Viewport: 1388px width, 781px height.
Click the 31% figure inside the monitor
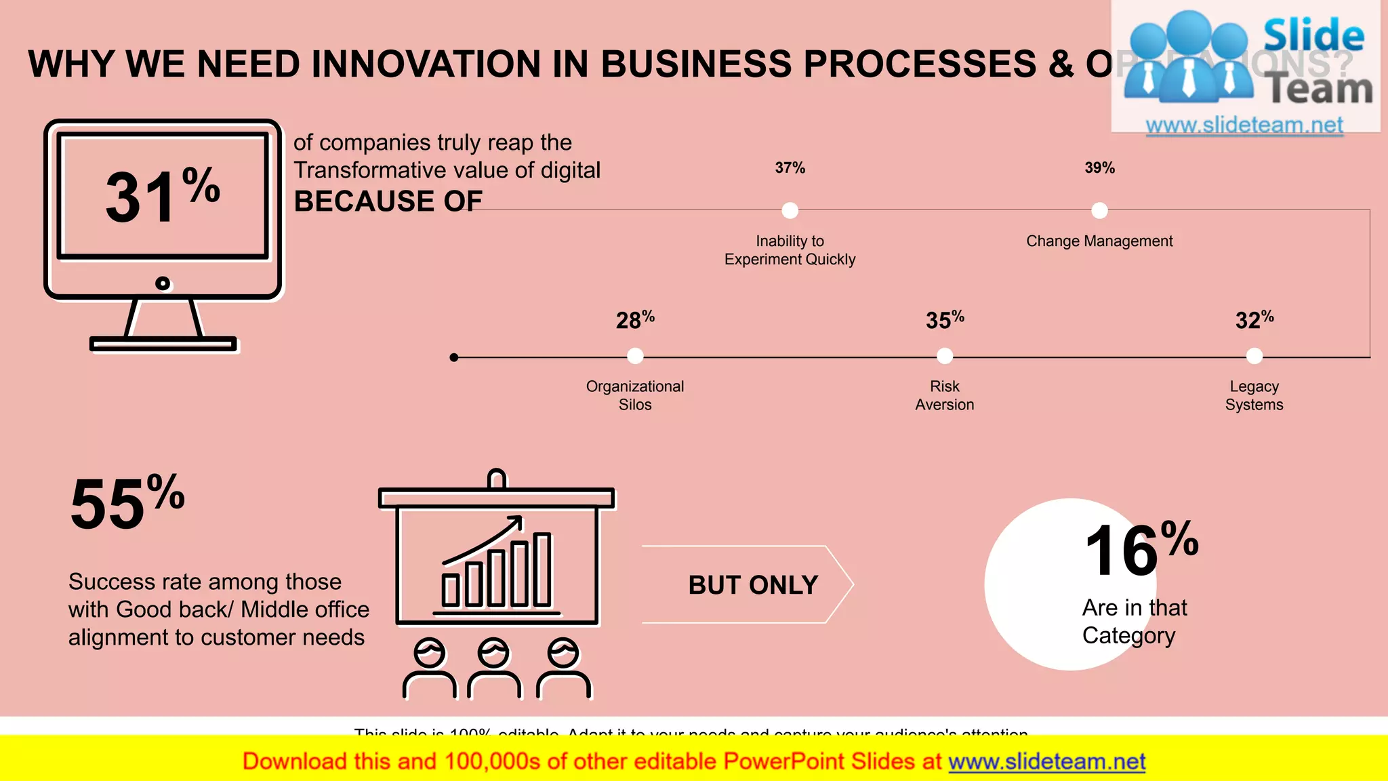(163, 195)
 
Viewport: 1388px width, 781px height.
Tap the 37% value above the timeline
(790, 167)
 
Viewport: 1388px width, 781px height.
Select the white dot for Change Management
(1099, 211)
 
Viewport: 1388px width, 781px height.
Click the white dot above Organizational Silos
(635, 356)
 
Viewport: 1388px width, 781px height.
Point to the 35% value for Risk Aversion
(945, 319)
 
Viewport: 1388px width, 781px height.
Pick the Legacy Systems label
(1254, 395)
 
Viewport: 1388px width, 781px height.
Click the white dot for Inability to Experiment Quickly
(790, 211)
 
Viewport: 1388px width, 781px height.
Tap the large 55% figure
(127, 502)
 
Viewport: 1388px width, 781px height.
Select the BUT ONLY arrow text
(753, 585)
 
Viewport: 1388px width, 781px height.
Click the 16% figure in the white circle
(1141, 550)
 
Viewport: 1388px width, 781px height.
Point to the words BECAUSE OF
(388, 201)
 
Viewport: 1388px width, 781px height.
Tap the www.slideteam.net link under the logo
(1244, 125)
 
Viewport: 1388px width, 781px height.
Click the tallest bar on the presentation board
(542, 569)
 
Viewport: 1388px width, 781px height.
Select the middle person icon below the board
(494, 668)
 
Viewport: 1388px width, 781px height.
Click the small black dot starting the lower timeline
(454, 357)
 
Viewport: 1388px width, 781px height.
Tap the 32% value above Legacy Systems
(1254, 319)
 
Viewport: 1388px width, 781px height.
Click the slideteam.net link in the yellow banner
(1046, 762)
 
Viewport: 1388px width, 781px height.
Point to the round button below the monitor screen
(163, 283)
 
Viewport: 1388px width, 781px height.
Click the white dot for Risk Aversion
(945, 356)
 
